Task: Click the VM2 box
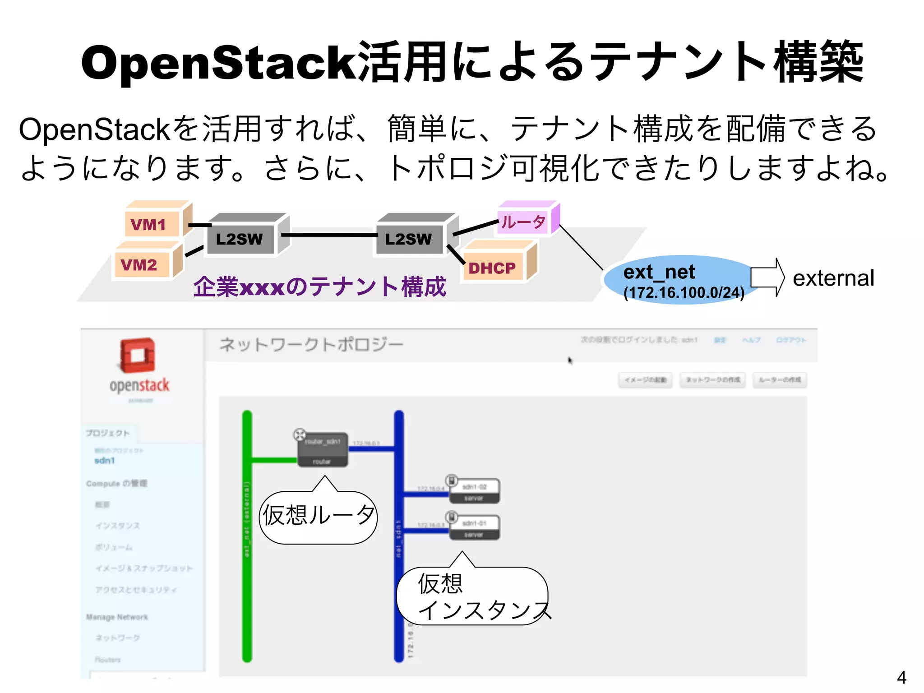coord(142,264)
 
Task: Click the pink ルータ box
coord(523,222)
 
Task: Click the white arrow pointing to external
coord(767,277)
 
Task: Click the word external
coord(833,278)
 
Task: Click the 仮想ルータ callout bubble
coord(319,516)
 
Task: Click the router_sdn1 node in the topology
coord(322,450)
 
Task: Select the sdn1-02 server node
coord(474,491)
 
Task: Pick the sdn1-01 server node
coord(474,527)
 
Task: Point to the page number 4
coord(901,677)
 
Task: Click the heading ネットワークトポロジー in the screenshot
coord(311,345)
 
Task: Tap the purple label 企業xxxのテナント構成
coord(319,286)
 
